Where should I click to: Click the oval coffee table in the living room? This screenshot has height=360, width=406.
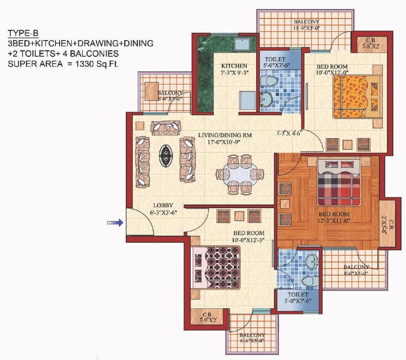pos(165,156)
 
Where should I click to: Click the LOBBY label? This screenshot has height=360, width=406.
pos(162,205)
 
